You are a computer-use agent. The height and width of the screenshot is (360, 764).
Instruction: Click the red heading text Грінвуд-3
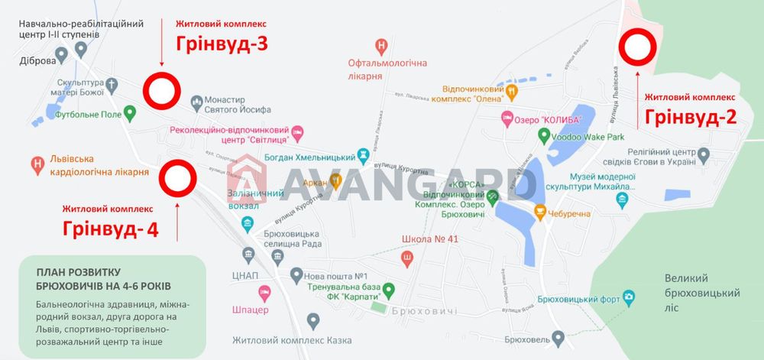point(222,44)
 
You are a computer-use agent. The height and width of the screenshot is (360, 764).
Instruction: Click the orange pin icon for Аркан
point(335,180)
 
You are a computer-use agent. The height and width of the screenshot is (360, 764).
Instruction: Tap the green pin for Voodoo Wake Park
point(544,136)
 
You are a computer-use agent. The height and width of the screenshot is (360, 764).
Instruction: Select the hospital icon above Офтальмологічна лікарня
point(382,46)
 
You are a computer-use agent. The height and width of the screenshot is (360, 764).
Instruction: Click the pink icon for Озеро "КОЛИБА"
point(506,117)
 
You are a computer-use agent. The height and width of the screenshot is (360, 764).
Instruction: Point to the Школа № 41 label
point(429,239)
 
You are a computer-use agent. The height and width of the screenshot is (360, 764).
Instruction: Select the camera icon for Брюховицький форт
point(628,297)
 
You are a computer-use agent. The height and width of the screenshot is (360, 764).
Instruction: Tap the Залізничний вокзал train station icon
point(247,223)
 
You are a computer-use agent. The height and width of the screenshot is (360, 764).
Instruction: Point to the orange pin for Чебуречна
point(540,212)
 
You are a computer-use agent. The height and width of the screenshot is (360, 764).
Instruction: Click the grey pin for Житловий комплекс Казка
point(312,320)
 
